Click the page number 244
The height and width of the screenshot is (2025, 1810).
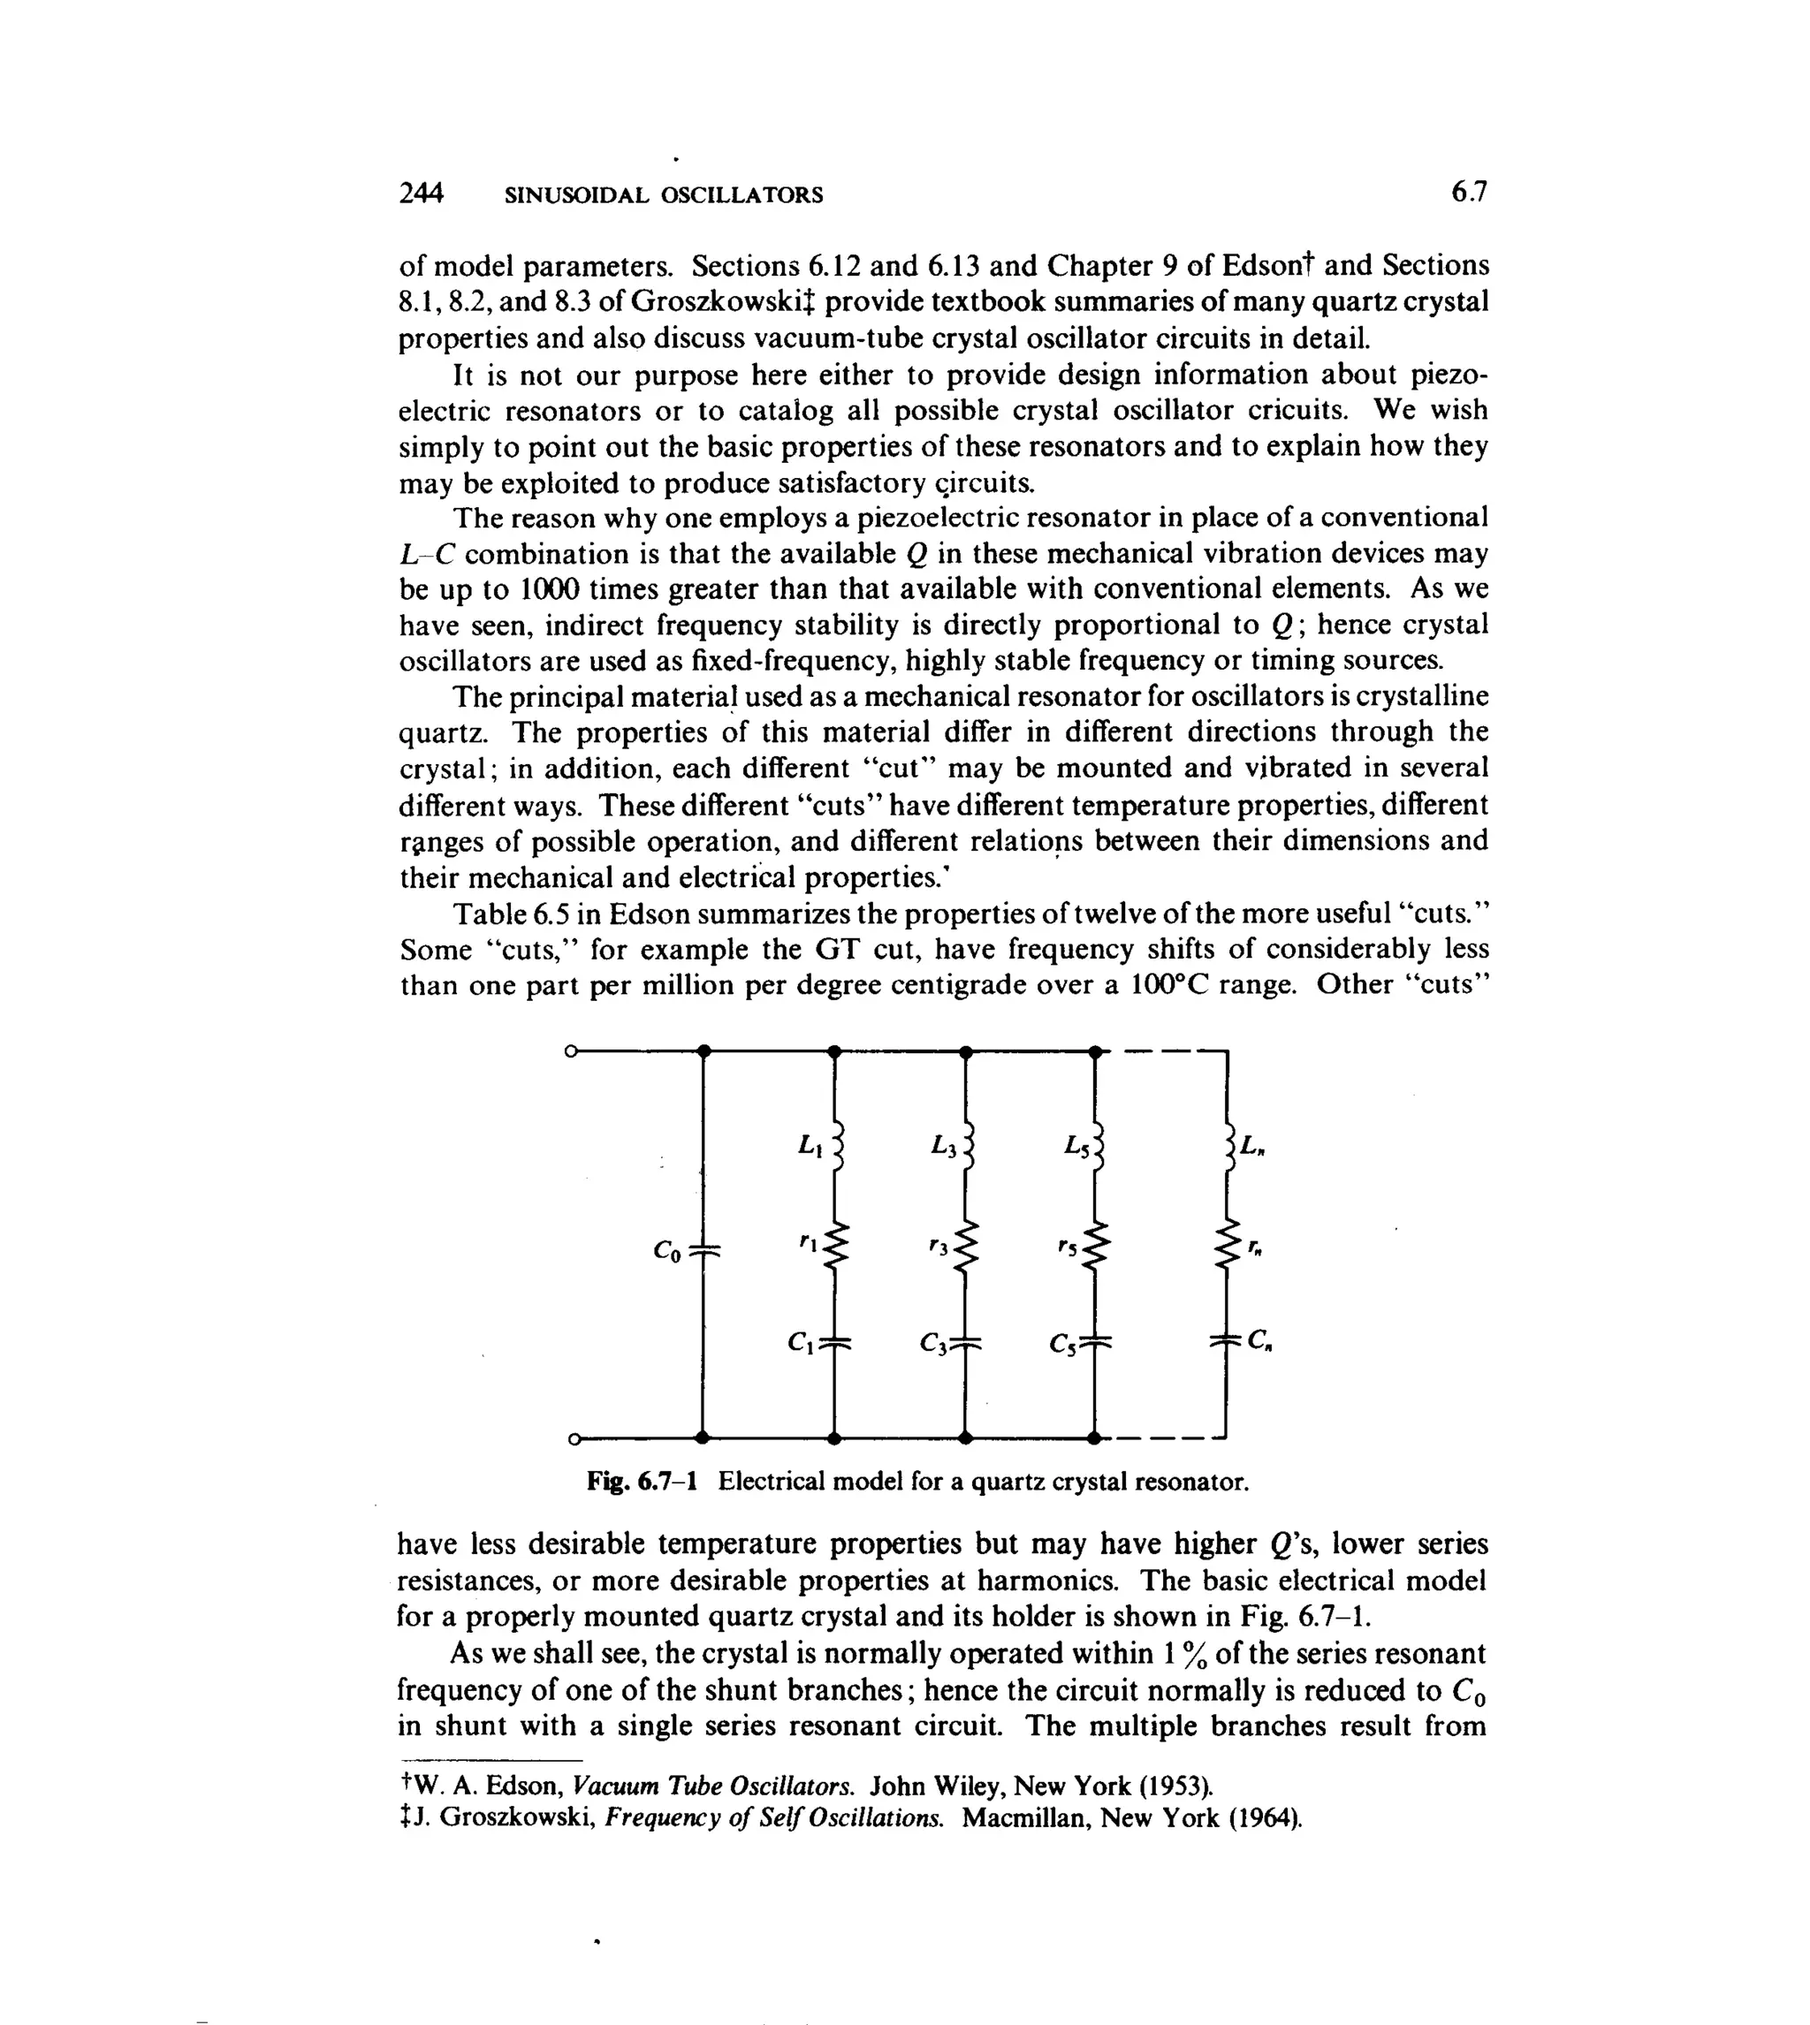[420, 193]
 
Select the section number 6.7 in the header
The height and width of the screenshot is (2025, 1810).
[1468, 192]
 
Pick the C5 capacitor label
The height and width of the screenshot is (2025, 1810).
[1062, 1345]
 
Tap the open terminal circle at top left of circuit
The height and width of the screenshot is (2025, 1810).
[571, 1050]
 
